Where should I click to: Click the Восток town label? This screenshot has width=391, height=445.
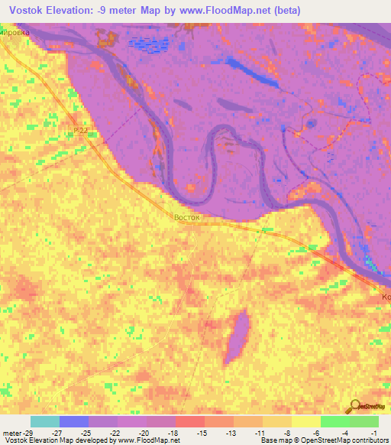(187, 217)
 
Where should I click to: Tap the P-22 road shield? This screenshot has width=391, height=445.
(86, 131)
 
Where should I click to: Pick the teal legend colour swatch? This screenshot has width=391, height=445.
(44, 421)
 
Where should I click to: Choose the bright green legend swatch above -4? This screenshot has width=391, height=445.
(334, 421)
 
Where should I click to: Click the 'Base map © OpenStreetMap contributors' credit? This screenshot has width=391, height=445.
(324, 440)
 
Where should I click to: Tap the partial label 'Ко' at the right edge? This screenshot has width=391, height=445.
(386, 296)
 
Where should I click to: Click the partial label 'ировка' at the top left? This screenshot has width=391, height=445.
(15, 33)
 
